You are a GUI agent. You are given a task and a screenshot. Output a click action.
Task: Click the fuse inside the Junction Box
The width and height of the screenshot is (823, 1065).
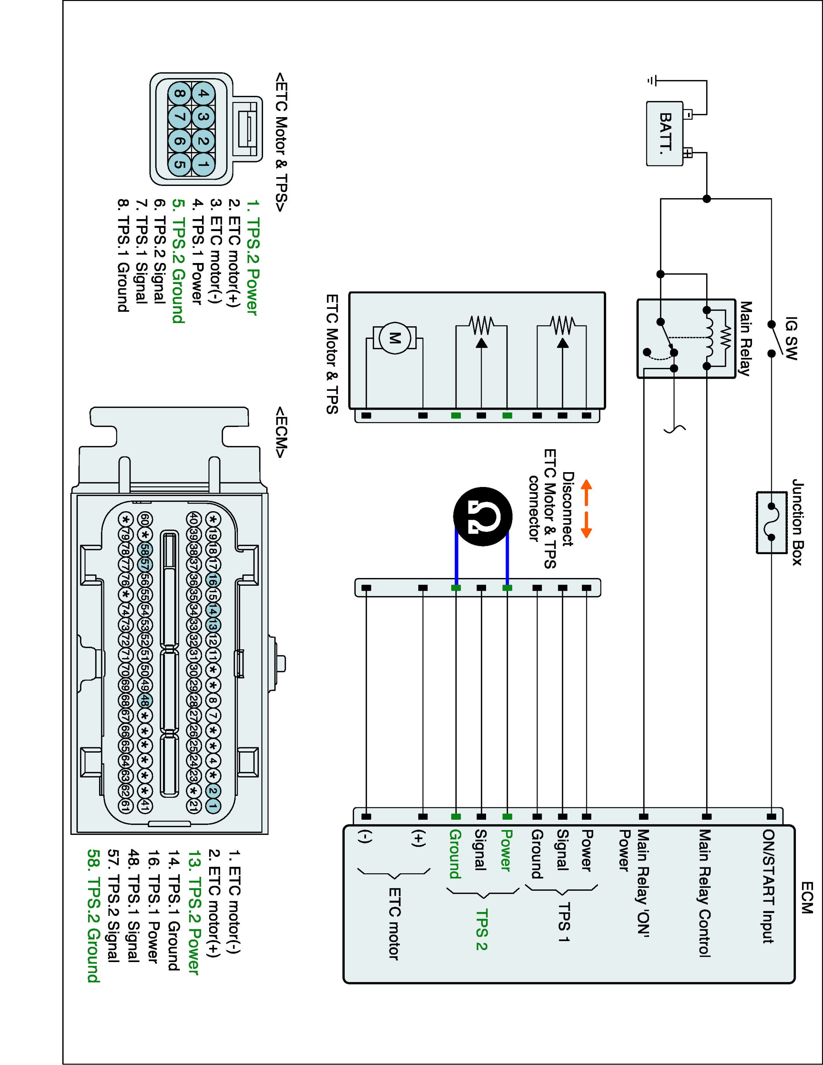(771, 522)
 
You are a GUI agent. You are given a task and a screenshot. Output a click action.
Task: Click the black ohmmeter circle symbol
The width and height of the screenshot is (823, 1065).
(483, 516)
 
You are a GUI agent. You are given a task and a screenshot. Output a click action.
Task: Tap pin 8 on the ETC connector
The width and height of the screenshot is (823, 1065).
(179, 94)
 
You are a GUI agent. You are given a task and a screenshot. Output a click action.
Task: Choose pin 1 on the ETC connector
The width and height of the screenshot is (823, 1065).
(204, 165)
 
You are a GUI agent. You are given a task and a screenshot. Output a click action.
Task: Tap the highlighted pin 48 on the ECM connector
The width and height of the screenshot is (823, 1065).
(145, 701)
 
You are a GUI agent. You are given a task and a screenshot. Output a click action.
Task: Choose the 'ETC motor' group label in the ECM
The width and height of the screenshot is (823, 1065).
(394, 924)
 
